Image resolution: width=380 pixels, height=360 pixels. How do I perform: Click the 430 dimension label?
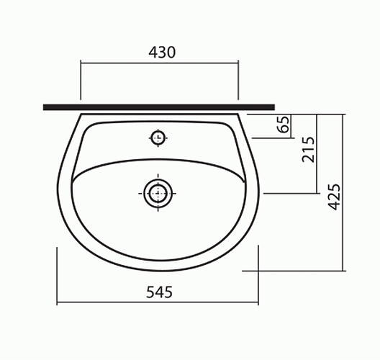pyautogui.click(x=162, y=52)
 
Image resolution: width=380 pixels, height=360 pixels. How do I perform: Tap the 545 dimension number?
pyautogui.click(x=159, y=292)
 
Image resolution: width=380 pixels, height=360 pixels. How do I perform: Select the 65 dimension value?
pyautogui.click(x=284, y=125)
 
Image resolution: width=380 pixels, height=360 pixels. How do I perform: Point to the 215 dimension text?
pyautogui.click(x=308, y=150)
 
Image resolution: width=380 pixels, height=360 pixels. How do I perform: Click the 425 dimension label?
pyautogui.click(x=334, y=197)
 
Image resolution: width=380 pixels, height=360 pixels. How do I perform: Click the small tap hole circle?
pyautogui.click(x=158, y=138)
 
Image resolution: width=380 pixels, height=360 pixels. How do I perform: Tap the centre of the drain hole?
pyautogui.click(x=158, y=193)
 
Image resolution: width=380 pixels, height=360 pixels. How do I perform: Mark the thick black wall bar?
pyautogui.click(x=159, y=107)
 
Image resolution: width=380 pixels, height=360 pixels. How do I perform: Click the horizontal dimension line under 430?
pyautogui.click(x=160, y=63)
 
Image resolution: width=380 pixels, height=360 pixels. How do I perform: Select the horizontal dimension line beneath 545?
pyautogui.click(x=158, y=302)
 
